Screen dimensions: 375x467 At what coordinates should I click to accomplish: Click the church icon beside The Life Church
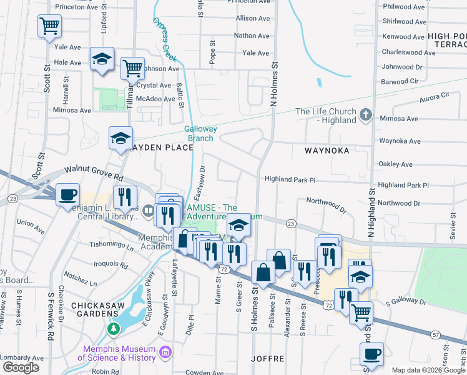pyautogui.click(x=366, y=115)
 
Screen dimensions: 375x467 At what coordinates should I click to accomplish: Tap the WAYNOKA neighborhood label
pyautogui.click(x=327, y=151)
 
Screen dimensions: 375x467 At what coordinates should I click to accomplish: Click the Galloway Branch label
pyautogui.click(x=200, y=134)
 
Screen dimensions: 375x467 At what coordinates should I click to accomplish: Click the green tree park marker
pyautogui.click(x=114, y=328)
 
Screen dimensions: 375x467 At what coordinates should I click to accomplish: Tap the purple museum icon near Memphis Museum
pyautogui.click(x=165, y=353)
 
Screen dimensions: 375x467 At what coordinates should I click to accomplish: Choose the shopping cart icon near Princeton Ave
pyautogui.click(x=49, y=26)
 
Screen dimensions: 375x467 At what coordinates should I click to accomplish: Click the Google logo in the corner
pyautogui.click(x=21, y=367)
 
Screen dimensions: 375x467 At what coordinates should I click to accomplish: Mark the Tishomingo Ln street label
pyautogui.click(x=112, y=245)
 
